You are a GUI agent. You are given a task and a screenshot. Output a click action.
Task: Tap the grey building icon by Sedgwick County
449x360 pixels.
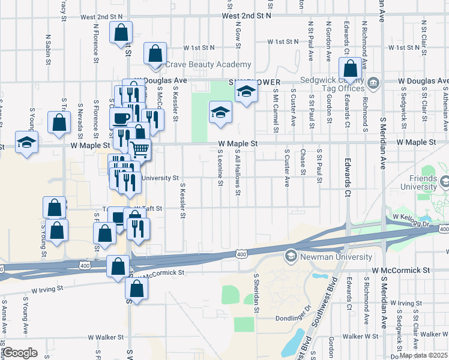373,82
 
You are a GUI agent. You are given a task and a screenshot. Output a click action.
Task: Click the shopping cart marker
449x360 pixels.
140,148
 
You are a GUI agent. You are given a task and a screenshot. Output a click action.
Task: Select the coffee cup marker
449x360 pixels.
121,118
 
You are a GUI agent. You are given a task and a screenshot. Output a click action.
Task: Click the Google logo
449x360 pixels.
20,353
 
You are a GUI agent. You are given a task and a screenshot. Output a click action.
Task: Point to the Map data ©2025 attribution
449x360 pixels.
423,355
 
